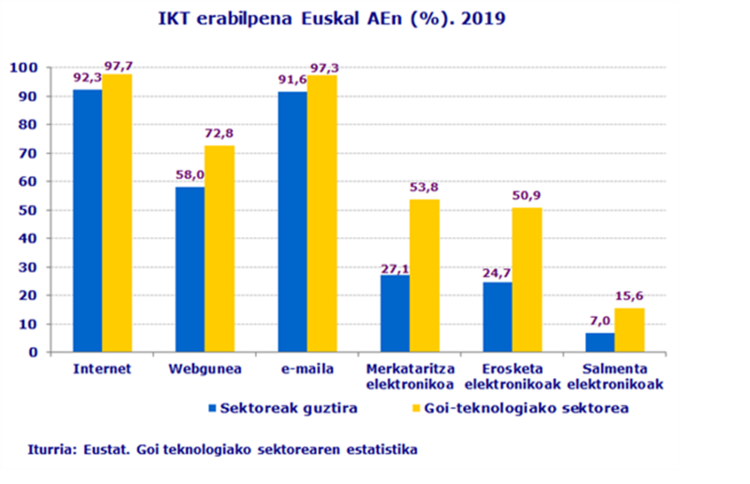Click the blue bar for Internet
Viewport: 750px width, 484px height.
[x=87, y=221]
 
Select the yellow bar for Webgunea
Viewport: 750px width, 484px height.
[x=219, y=250]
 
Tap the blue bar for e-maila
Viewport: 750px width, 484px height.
[x=292, y=222]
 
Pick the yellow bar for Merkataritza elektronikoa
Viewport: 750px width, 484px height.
[x=424, y=276]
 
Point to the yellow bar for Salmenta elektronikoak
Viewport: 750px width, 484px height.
[x=629, y=330]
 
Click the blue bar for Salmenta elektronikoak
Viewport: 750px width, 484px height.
[x=599, y=342]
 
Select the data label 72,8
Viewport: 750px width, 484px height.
[x=219, y=134]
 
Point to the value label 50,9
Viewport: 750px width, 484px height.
[x=527, y=197]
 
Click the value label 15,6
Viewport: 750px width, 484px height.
[x=629, y=297]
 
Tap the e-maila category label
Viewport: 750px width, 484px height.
[x=307, y=369]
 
